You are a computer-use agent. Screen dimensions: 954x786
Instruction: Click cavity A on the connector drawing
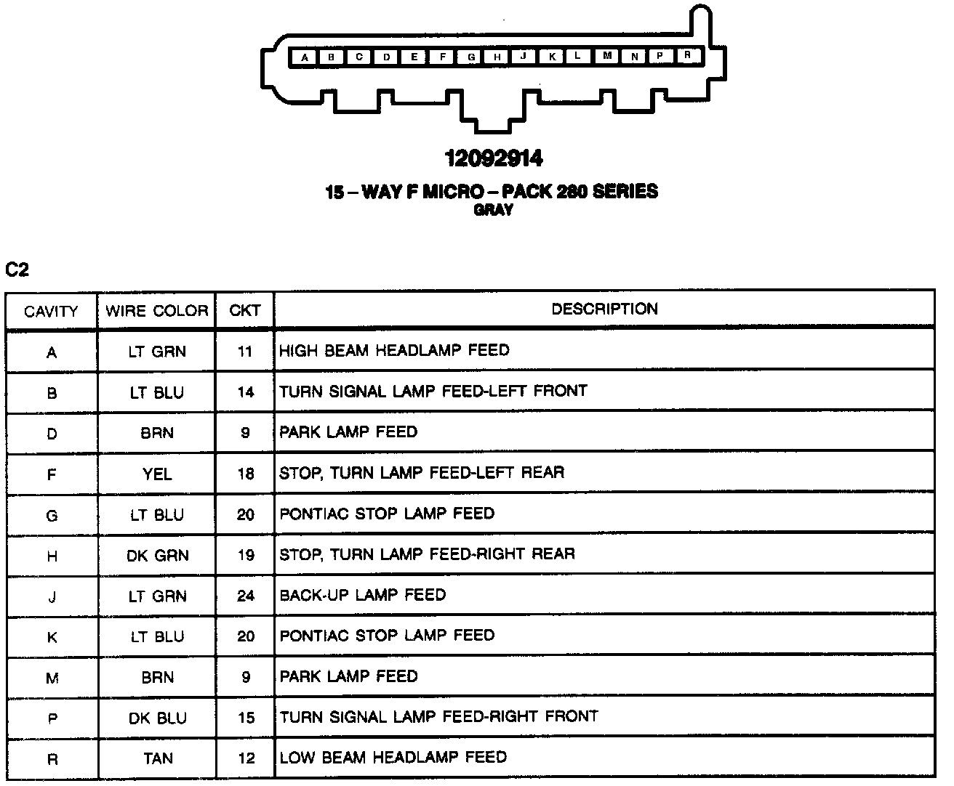tap(304, 57)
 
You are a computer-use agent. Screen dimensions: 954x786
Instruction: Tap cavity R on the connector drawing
tap(687, 55)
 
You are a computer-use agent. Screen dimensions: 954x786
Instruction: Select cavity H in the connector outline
tap(497, 57)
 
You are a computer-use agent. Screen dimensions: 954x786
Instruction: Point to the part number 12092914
tap(494, 158)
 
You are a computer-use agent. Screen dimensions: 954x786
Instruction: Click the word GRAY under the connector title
tap(494, 210)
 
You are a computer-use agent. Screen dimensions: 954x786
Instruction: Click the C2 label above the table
tap(17, 270)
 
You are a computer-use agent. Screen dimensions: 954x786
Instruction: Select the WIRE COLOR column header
tap(156, 311)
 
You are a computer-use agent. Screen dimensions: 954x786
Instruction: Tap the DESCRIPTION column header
tap(604, 309)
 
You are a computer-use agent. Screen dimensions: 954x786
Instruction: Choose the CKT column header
tap(245, 310)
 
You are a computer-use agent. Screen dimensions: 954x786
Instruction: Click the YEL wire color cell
tap(157, 474)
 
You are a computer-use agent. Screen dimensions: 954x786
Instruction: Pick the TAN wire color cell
tap(158, 758)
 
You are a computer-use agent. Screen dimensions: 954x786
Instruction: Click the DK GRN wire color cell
tap(157, 556)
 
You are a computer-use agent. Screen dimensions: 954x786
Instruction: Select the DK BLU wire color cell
tap(157, 718)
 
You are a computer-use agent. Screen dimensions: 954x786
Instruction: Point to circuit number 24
tap(246, 596)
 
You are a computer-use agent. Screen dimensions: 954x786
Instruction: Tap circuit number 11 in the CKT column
tap(245, 352)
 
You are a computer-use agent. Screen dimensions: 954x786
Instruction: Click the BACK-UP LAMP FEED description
tap(362, 595)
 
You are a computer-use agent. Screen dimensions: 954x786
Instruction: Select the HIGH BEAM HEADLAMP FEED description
tap(394, 351)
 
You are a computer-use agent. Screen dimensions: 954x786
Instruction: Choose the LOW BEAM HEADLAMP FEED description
tap(393, 758)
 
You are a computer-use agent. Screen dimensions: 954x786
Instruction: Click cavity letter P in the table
tap(52, 719)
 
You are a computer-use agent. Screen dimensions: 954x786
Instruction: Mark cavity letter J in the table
tap(52, 597)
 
